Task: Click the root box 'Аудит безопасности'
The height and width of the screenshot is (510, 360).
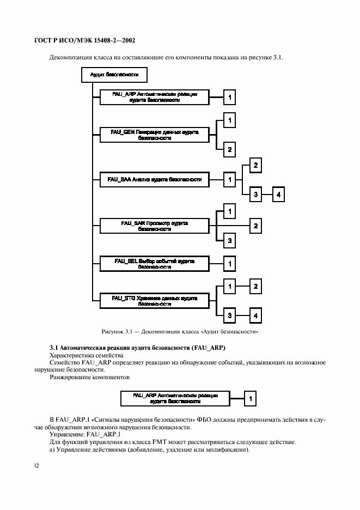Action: pos(114,75)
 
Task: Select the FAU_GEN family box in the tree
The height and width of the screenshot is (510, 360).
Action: pos(155,135)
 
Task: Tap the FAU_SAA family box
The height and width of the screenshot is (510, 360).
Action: pos(155,179)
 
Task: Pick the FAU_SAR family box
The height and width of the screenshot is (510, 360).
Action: pos(155,226)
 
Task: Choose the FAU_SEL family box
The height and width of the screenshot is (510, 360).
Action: pos(155,264)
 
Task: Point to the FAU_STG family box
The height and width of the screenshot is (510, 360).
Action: pos(155,301)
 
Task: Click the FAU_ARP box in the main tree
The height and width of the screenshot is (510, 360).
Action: pos(155,97)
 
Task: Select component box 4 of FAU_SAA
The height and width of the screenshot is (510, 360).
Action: pos(278,195)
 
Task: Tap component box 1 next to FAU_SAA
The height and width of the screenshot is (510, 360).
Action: pos(230,179)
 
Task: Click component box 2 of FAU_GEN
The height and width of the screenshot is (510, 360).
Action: pos(230,149)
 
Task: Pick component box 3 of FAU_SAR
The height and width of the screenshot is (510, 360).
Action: pos(230,240)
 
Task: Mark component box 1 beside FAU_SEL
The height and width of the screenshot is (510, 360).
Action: pos(230,264)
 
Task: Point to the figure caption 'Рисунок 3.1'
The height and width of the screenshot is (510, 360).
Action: pos(180,331)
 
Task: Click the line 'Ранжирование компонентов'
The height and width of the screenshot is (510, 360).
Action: pos(90,377)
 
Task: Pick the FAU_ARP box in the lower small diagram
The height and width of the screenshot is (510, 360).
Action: pos(175,398)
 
